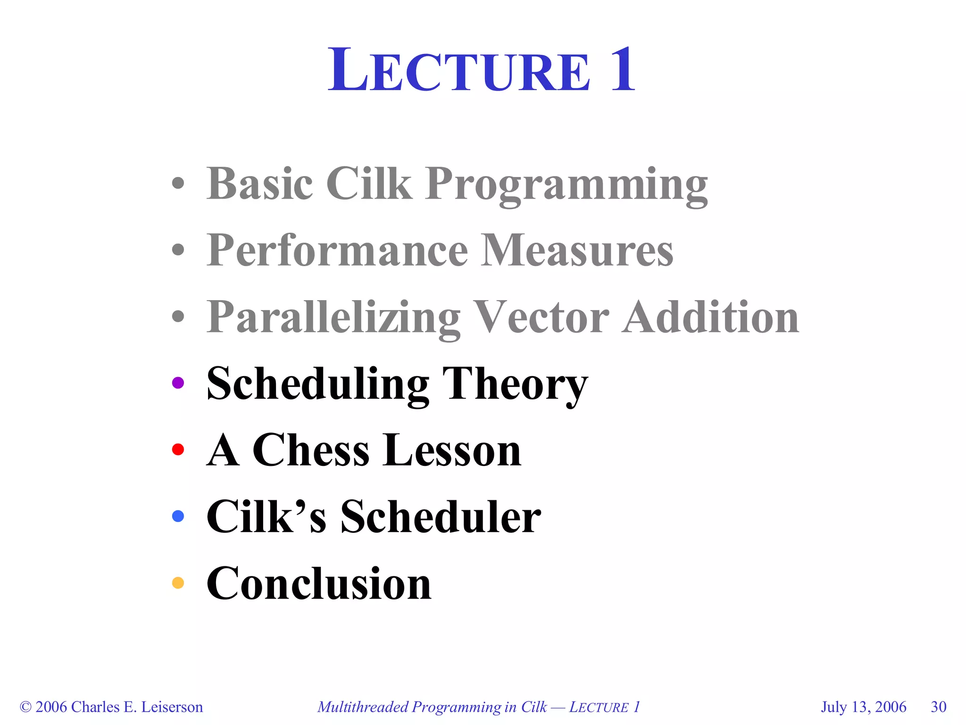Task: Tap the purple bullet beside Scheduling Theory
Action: click(178, 383)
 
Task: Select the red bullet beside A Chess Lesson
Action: click(178, 449)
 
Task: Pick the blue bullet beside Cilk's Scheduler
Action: click(178, 516)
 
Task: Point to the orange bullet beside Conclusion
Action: click(178, 583)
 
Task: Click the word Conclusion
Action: click(319, 584)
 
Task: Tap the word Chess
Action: click(311, 450)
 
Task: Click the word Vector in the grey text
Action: click(541, 317)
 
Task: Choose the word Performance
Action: click(337, 250)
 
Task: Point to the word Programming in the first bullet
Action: click(566, 185)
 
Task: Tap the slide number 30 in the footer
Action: click(938, 707)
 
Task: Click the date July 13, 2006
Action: click(863, 707)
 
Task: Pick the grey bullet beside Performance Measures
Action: click(178, 250)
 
